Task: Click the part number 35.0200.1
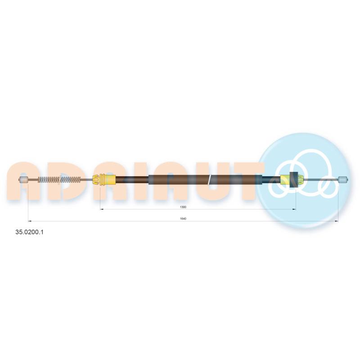29,232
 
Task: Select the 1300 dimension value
183,207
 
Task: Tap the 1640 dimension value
183,219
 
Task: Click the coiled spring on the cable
59,180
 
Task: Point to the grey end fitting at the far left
23,180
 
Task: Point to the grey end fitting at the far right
343,180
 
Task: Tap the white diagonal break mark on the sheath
209,180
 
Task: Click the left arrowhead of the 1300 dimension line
102,209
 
